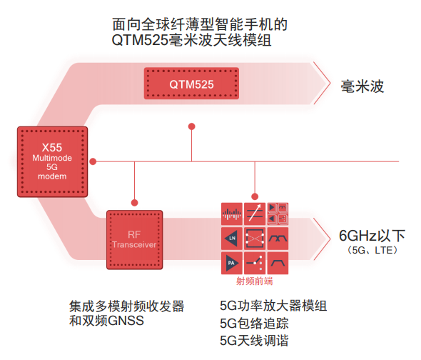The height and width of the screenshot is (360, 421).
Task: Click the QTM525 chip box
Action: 191,84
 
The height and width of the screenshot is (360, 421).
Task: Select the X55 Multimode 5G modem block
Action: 52,161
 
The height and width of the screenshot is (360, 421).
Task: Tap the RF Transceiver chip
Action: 135,240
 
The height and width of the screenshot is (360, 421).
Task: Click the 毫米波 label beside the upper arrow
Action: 362,86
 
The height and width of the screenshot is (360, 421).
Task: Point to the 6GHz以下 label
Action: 372,236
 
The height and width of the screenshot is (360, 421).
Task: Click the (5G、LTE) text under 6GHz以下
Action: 372,250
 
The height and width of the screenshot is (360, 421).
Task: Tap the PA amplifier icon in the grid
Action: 232,263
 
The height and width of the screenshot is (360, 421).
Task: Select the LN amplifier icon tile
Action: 232,238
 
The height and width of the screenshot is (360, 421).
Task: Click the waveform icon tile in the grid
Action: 232,214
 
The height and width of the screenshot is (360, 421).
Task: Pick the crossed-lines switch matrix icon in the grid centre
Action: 255,238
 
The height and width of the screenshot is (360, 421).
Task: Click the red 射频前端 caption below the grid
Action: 255,281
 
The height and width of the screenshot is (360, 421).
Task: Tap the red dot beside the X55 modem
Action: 93,161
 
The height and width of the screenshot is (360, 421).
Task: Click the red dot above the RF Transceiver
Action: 135,203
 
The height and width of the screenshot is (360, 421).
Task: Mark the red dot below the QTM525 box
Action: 191,126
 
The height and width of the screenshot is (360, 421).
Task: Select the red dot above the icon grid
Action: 255,196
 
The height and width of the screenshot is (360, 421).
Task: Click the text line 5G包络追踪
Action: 254,324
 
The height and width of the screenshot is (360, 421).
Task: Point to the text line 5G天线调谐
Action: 254,341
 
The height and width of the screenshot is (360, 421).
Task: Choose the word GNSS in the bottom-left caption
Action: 126,321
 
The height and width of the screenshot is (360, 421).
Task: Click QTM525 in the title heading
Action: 140,41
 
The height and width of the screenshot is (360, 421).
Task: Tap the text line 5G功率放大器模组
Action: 273,306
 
